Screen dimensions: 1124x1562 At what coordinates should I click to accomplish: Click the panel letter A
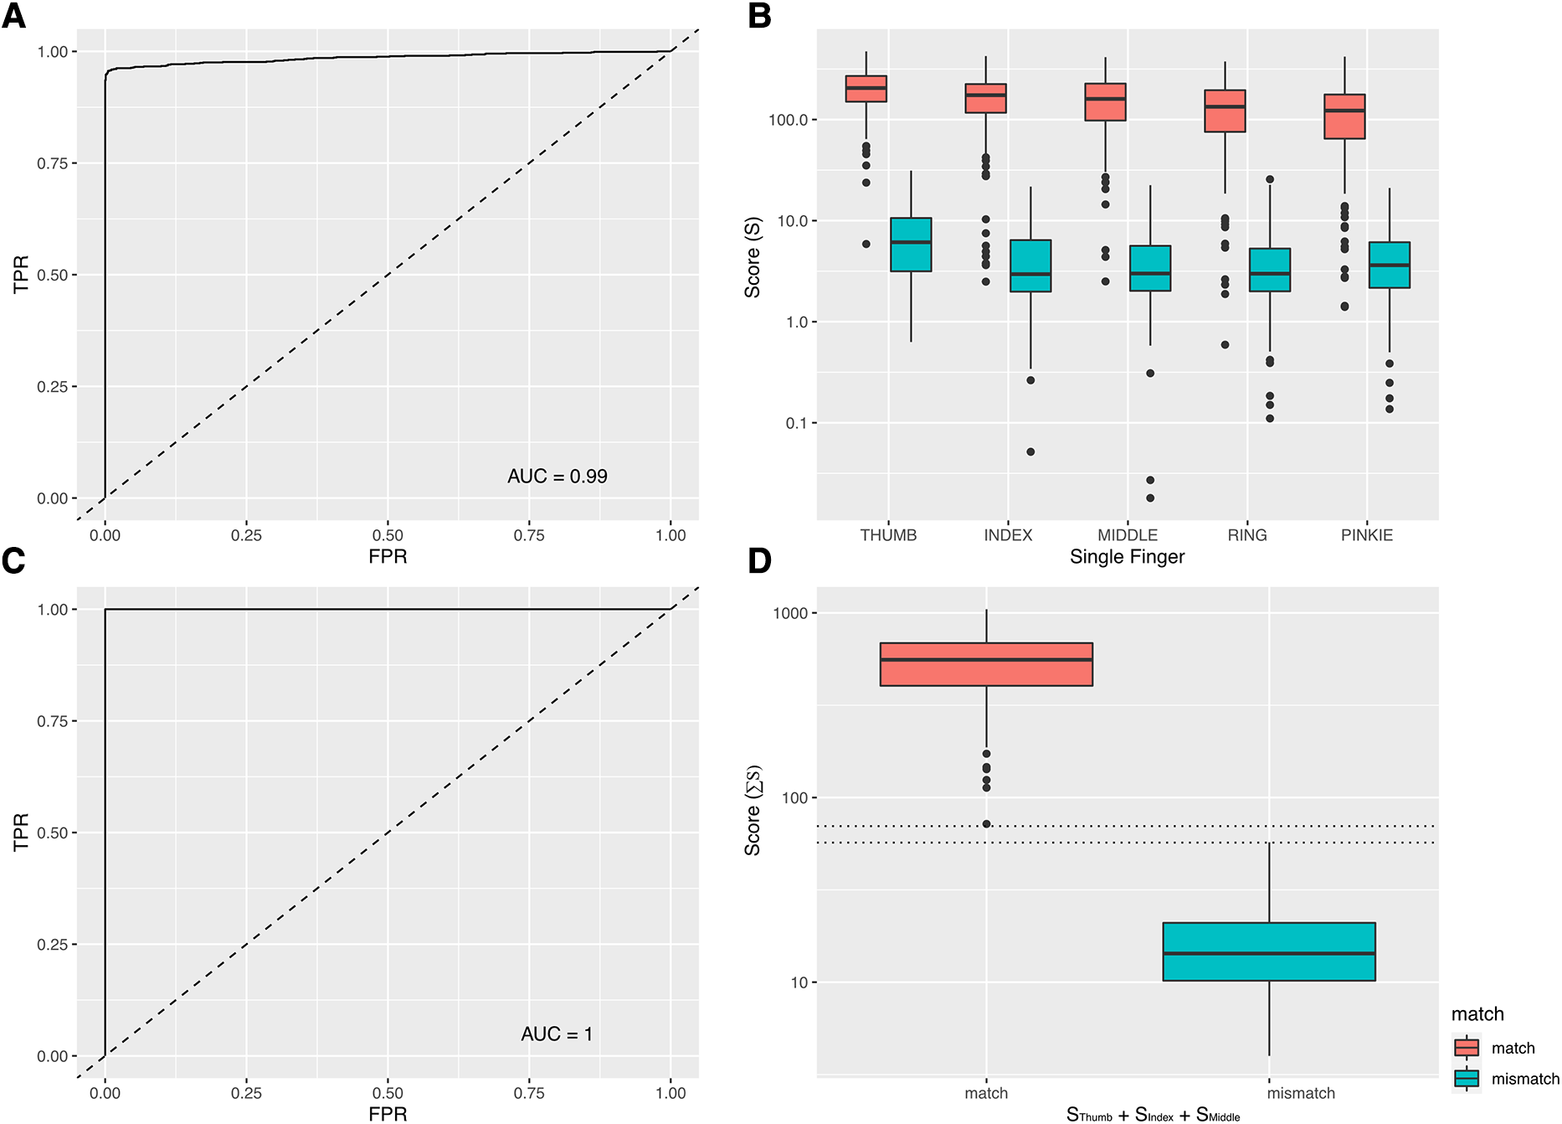(x=14, y=16)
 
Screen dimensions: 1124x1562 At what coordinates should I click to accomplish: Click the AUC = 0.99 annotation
(x=557, y=477)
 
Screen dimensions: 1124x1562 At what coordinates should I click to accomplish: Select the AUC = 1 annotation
(x=557, y=1034)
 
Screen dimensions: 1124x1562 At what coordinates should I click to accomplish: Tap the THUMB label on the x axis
(x=888, y=535)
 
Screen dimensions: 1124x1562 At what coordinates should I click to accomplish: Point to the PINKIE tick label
(x=1366, y=535)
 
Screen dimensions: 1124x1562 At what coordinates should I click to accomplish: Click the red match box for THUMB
(x=866, y=89)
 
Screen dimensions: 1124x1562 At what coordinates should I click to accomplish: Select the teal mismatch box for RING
(x=1270, y=270)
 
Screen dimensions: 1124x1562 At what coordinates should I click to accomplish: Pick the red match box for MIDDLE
(x=1105, y=102)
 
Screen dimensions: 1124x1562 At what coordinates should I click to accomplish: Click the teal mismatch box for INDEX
(x=1030, y=266)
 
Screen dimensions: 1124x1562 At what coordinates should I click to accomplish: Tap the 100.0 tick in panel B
(x=788, y=120)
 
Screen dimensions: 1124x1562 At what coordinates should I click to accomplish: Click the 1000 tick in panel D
(x=789, y=613)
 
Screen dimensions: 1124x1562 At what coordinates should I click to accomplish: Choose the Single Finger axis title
(x=1127, y=557)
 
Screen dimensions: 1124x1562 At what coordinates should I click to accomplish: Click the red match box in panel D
(x=986, y=664)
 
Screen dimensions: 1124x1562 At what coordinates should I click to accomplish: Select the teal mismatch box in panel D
(x=1269, y=951)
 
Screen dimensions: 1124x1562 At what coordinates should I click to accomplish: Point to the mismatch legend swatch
(x=1467, y=1079)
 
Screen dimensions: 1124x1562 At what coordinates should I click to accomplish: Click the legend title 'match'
(x=1477, y=1014)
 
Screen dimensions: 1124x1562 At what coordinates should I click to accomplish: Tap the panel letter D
(x=759, y=561)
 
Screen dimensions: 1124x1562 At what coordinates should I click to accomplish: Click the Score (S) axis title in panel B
(x=753, y=257)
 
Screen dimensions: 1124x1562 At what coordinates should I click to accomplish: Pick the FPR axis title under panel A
(x=388, y=557)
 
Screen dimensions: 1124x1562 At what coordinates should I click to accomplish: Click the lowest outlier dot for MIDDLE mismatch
(x=1150, y=498)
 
